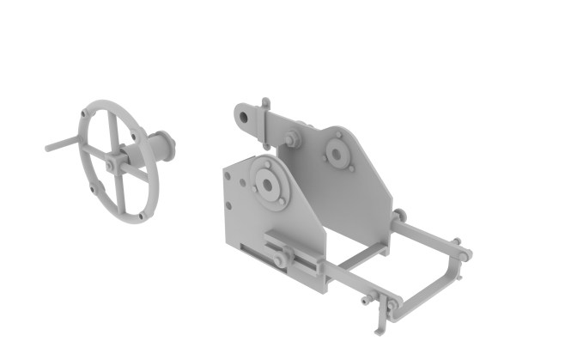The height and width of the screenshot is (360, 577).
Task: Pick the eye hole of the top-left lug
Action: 245,113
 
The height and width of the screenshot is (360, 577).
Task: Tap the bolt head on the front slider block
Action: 281,258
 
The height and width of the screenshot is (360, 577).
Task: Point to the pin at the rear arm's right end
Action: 464,253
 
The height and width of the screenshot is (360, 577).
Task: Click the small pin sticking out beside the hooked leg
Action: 367,302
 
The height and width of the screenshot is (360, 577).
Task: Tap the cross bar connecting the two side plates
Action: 356,255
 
